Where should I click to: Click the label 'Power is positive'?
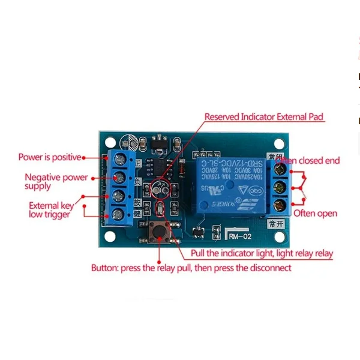(49, 157)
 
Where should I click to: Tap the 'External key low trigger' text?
(52, 210)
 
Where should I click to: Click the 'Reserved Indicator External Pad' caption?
(265, 118)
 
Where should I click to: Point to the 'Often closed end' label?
(311, 161)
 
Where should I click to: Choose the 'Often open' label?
(315, 213)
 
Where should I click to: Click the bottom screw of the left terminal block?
(119, 214)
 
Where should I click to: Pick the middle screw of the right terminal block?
(278, 188)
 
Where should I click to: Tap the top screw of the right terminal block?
(278, 170)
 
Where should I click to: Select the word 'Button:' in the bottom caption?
(104, 268)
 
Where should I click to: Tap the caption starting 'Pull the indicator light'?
(262, 254)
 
